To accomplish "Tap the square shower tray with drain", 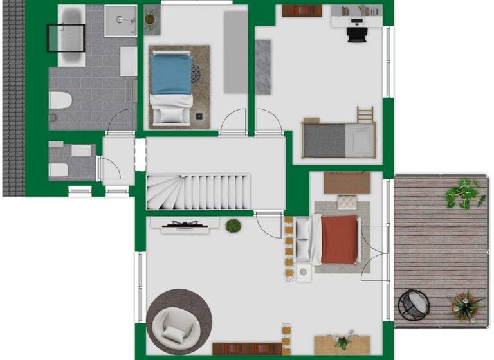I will pyautogui.click(x=120, y=21).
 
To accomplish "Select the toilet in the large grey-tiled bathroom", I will pyautogui.click(x=60, y=101).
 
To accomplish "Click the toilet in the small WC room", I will pyautogui.click(x=58, y=168).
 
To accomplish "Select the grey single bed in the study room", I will pyautogui.click(x=338, y=140).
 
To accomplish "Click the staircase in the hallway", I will pyautogui.click(x=197, y=191).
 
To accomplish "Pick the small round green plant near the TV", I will pyautogui.click(x=233, y=226).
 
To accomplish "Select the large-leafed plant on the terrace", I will pyautogui.click(x=464, y=193).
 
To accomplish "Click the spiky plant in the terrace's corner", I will pyautogui.click(x=464, y=305).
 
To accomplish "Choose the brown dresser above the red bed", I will pyautogui.click(x=347, y=183).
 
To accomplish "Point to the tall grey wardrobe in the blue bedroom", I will pyautogui.click(x=235, y=51).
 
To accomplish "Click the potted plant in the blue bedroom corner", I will pyautogui.click(x=152, y=20).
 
